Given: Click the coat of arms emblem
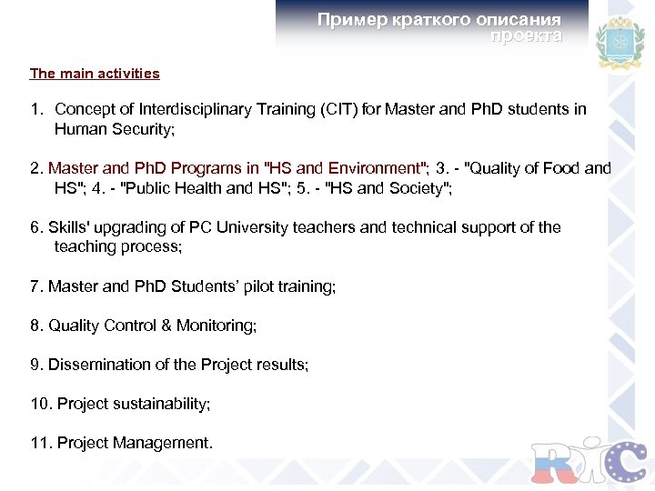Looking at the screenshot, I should [x=619, y=42].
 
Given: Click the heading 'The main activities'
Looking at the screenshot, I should [x=95, y=74].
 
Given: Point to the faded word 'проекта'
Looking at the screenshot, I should [x=526, y=36].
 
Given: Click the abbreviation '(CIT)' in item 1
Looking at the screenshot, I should [x=339, y=109].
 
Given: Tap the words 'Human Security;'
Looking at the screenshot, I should [x=114, y=129].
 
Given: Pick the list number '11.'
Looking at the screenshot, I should [x=41, y=443].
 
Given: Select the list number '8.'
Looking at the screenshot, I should [x=36, y=326].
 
